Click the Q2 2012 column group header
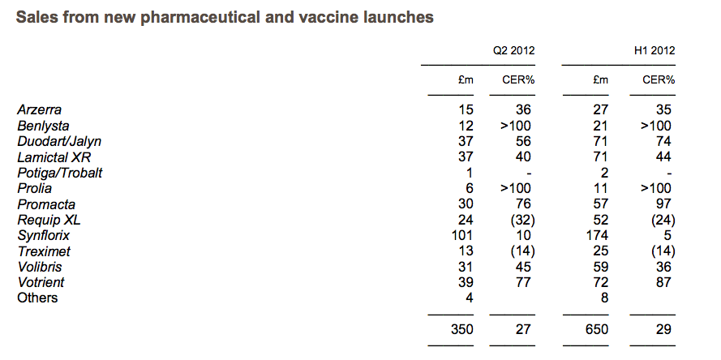click(x=513, y=50)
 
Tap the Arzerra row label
click(x=39, y=110)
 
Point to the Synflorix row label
click(x=44, y=236)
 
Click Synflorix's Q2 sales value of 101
click(x=462, y=236)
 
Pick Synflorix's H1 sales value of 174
click(x=596, y=236)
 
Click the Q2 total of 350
click(x=461, y=329)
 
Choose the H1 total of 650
click(x=596, y=329)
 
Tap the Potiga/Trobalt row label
click(x=60, y=173)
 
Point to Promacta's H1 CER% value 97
click(x=663, y=204)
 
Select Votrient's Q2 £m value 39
click(x=466, y=282)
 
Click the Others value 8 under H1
click(x=604, y=298)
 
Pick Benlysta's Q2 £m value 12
click(x=466, y=126)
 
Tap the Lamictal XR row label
click(x=54, y=157)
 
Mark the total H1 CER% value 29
click(x=663, y=329)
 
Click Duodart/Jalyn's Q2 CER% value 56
click(x=523, y=141)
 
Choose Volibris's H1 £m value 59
click(x=600, y=267)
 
